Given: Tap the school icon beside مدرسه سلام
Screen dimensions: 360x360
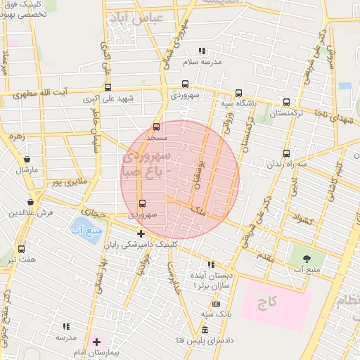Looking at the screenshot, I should (202, 51).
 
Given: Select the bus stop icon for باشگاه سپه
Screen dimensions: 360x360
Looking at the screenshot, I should (238, 93).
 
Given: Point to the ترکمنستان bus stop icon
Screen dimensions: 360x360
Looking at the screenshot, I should (285, 101).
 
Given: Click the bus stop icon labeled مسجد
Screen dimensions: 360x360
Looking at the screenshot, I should (156, 127).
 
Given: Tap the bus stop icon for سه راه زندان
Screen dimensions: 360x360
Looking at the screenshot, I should (285, 153).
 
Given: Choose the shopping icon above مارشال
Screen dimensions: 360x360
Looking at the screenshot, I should (27, 160).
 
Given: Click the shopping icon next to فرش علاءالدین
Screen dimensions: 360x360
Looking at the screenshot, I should (31, 201).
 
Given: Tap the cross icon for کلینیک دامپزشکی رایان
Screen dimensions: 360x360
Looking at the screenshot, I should (141, 233).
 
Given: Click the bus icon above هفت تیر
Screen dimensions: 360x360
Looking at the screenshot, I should (21, 249).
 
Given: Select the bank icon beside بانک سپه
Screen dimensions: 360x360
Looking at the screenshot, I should (216, 304).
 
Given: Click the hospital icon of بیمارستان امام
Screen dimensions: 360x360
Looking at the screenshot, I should (96, 342).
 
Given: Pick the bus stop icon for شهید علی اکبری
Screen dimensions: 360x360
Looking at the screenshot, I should (108, 88).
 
